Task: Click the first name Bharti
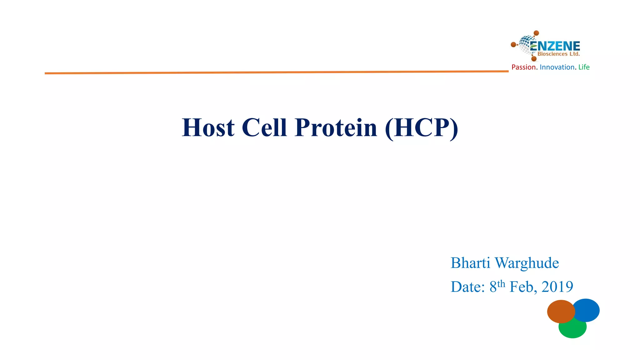[470, 263]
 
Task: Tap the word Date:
[467, 287]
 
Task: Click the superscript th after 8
[501, 283]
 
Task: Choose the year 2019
[557, 287]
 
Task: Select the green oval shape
[572, 330]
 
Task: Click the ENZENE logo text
[555, 46]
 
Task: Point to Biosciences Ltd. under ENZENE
[558, 54]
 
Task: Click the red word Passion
[523, 67]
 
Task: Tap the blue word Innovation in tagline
[557, 67]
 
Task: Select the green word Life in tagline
[584, 67]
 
